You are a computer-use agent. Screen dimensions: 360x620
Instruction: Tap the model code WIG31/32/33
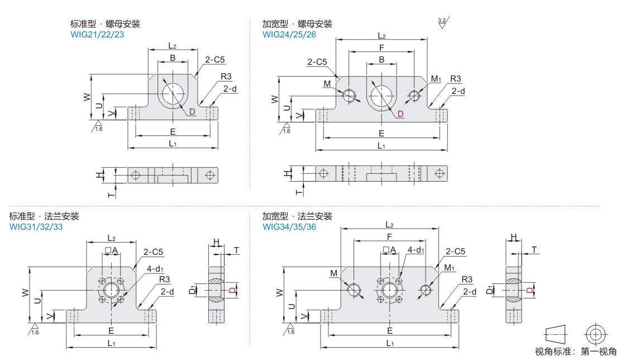[x=35, y=226]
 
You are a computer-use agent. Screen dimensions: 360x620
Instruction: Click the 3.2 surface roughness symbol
[x=443, y=23]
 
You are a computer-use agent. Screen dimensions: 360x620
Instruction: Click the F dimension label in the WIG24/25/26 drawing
[x=381, y=47]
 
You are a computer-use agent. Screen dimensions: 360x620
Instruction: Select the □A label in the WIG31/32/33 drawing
[x=111, y=250]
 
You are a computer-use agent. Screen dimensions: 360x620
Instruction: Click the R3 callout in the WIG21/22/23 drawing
[x=226, y=77]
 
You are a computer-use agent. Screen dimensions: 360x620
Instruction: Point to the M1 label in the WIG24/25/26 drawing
[x=436, y=79]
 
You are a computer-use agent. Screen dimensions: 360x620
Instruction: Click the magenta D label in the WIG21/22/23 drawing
[x=192, y=112]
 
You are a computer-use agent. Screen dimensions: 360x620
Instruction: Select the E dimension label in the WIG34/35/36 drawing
[x=389, y=330]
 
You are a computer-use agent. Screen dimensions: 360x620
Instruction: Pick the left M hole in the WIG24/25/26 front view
[x=350, y=96]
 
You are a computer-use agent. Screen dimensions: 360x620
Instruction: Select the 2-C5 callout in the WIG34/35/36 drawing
[x=455, y=252]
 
